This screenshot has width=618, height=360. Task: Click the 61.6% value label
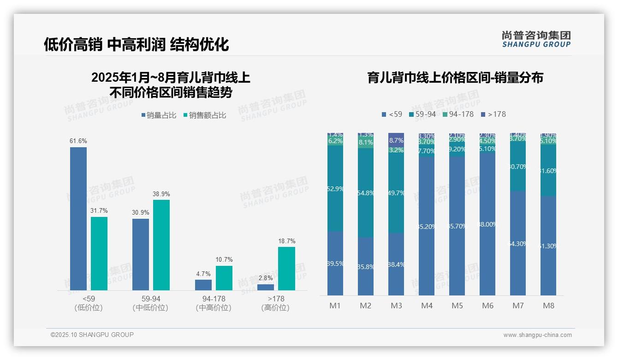pyautogui.click(x=78, y=141)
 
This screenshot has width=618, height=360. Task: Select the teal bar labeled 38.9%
pyautogui.click(x=161, y=245)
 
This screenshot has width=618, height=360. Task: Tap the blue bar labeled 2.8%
pyautogui.click(x=266, y=287)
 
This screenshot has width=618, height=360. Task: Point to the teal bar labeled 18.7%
pyautogui.click(x=286, y=268)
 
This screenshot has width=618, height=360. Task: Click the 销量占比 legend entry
pyautogui.click(x=158, y=115)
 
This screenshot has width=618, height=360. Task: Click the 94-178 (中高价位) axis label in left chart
pyautogui.click(x=214, y=303)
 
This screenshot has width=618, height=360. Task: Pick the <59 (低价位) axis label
pyautogui.click(x=88, y=303)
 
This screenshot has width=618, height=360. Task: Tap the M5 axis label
pyautogui.click(x=457, y=306)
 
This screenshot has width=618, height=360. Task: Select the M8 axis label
pyautogui.click(x=548, y=306)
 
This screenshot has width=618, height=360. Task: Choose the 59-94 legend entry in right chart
pyautogui.click(x=422, y=114)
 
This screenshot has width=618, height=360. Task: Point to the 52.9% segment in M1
pyautogui.click(x=335, y=188)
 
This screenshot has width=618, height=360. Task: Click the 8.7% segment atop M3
pyautogui.click(x=396, y=139)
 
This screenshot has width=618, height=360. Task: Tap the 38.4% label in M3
pyautogui.click(x=396, y=265)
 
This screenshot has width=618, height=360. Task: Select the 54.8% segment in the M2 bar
pyautogui.click(x=366, y=193)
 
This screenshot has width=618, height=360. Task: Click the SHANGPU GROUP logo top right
pyautogui.click(x=536, y=39)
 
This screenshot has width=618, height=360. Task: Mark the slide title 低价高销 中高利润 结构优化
pyautogui.click(x=137, y=44)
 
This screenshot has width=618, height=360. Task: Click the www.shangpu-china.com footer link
pyautogui.click(x=537, y=335)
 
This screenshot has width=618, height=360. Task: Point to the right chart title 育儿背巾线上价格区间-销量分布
pyautogui.click(x=455, y=78)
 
